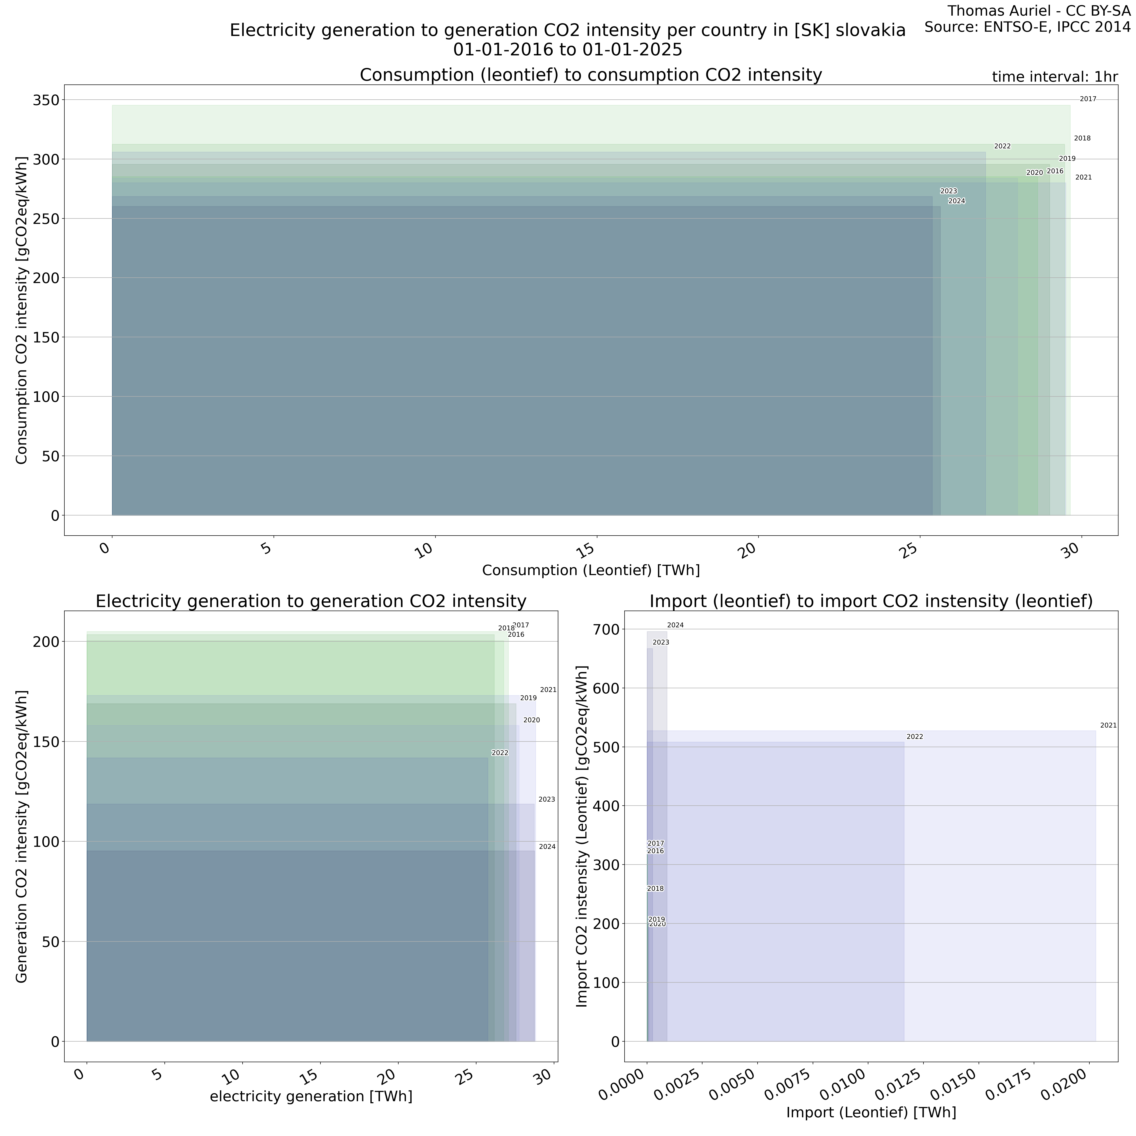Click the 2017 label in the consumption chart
pos(1088,99)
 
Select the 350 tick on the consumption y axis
pos(46,101)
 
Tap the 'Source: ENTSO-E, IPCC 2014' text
pos(1027,27)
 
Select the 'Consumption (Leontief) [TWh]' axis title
pos(590,570)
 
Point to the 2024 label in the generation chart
pos(547,847)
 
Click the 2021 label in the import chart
pos(1108,726)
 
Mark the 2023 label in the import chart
pos(661,643)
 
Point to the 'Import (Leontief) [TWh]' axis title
pos(871,1113)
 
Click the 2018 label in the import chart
pos(655,888)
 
